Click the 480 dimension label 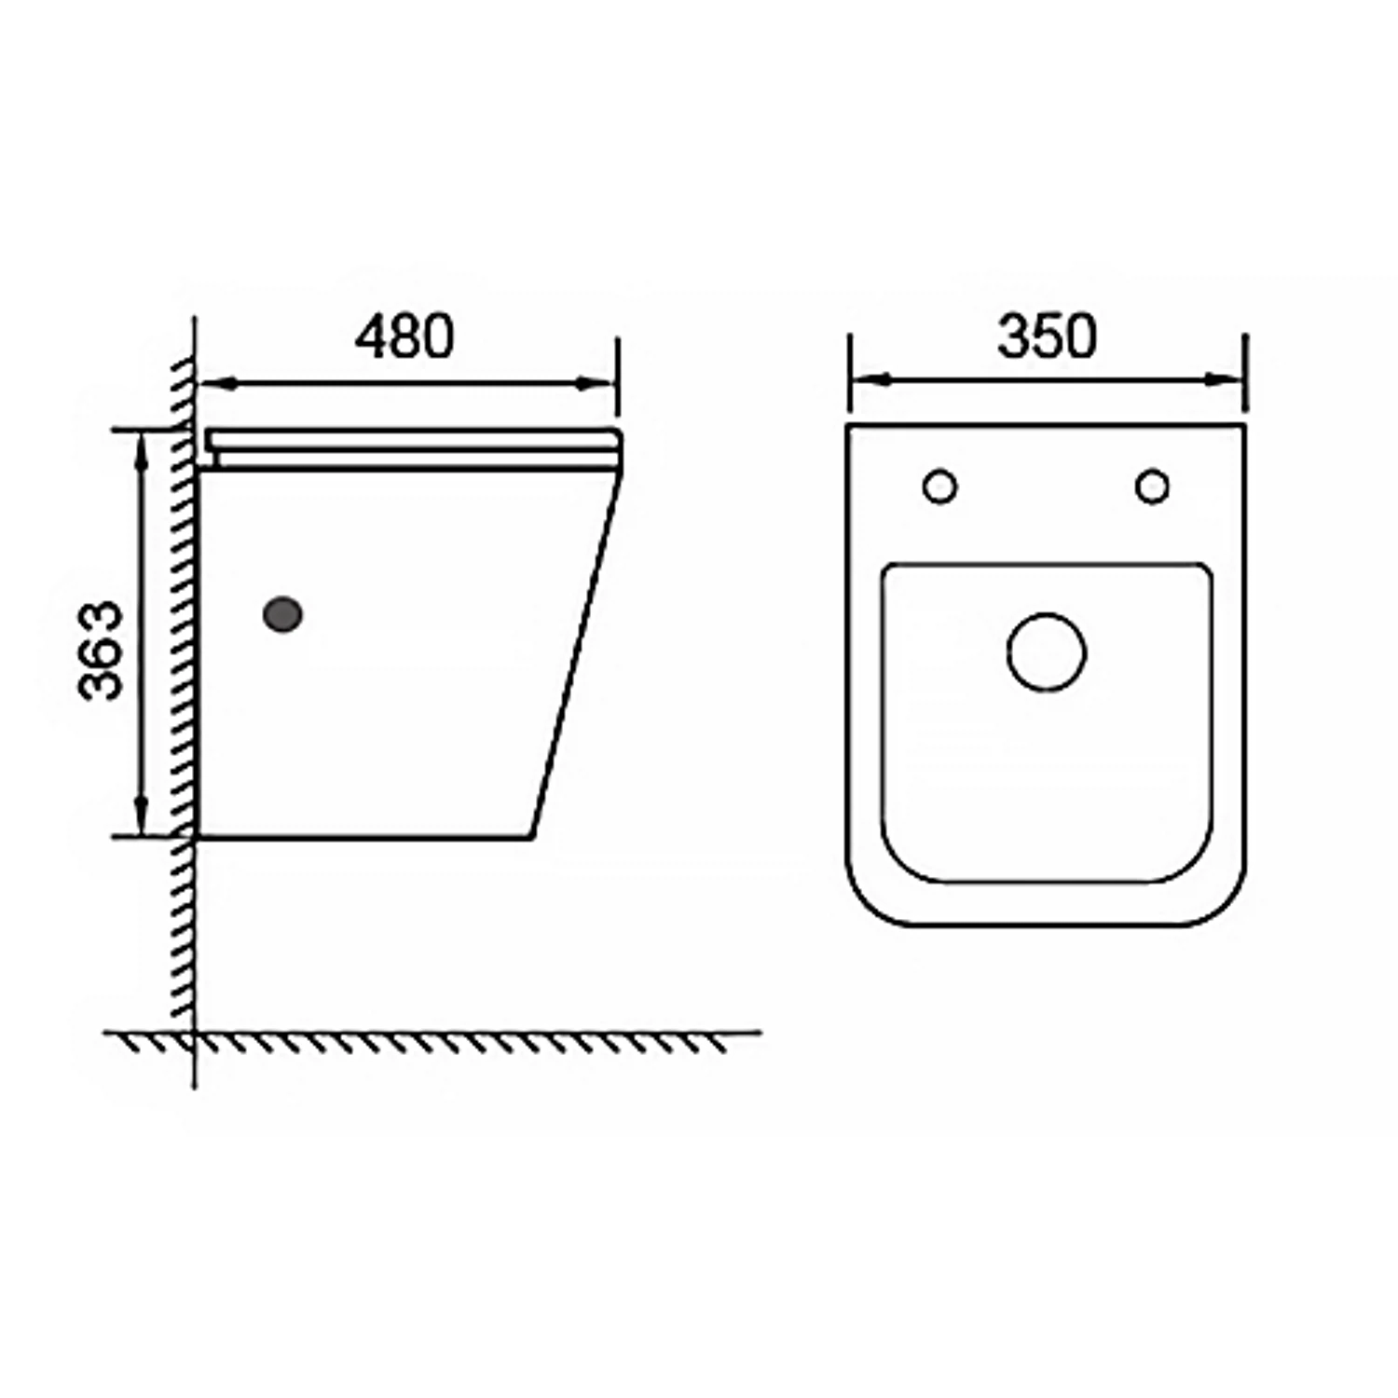pos(404,336)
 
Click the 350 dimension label pos(1047,336)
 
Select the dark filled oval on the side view pos(283,613)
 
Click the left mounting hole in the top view pos(939,487)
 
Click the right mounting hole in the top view pos(1153,487)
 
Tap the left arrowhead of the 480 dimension pos(216,382)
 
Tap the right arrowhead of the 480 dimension pos(596,382)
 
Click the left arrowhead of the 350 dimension pos(867,379)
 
